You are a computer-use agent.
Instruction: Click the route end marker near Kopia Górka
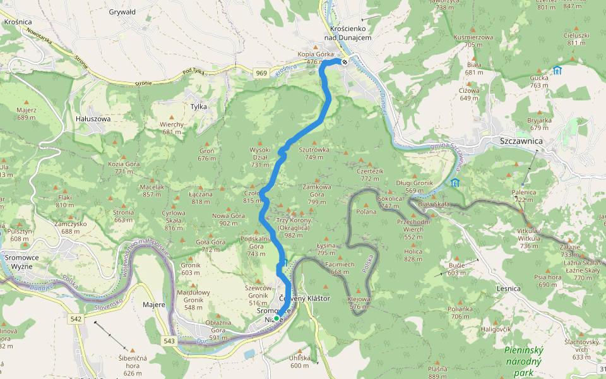(345, 62)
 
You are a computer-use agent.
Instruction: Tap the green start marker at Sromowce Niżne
(276, 318)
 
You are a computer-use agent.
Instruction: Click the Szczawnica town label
(521, 141)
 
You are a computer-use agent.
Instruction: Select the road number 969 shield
(261, 74)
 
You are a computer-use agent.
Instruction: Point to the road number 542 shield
(76, 320)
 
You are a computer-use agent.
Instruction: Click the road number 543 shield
(169, 341)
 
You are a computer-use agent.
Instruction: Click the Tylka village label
(198, 107)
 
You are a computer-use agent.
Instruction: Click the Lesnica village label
(508, 289)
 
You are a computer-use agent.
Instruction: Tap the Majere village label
(154, 304)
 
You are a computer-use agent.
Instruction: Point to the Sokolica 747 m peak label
(389, 202)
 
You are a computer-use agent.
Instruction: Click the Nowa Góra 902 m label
(228, 219)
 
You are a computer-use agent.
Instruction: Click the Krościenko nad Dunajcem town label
(348, 33)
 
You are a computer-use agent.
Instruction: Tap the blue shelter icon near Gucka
(557, 70)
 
